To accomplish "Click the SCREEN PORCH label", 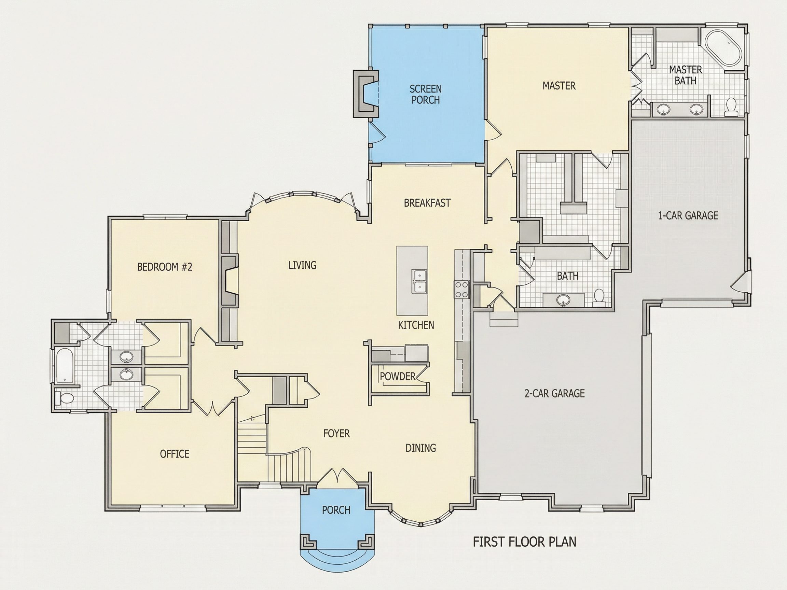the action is pyautogui.click(x=426, y=94).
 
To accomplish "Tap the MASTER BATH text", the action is pyautogui.click(x=686, y=75).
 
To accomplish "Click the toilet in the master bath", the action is pyautogui.click(x=731, y=107).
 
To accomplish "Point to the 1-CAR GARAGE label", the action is pyautogui.click(x=688, y=215).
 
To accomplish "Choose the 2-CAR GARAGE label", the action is pyautogui.click(x=555, y=393).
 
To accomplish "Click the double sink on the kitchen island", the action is pyautogui.click(x=420, y=281).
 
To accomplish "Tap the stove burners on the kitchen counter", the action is pyautogui.click(x=461, y=290).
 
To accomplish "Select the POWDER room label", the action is pyautogui.click(x=397, y=376).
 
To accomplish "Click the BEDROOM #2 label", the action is pyautogui.click(x=165, y=267).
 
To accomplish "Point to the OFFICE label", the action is pyautogui.click(x=175, y=454).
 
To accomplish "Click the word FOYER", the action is pyautogui.click(x=336, y=434).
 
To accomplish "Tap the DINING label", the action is pyautogui.click(x=421, y=448).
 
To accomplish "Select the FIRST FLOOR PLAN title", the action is pyautogui.click(x=524, y=542).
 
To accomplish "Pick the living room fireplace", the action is pyautogui.click(x=230, y=281).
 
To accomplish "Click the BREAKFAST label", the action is pyautogui.click(x=427, y=203).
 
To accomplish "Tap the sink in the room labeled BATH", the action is pyautogui.click(x=563, y=300).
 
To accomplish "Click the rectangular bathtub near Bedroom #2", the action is pyautogui.click(x=65, y=366).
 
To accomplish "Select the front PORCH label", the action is pyautogui.click(x=336, y=510).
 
